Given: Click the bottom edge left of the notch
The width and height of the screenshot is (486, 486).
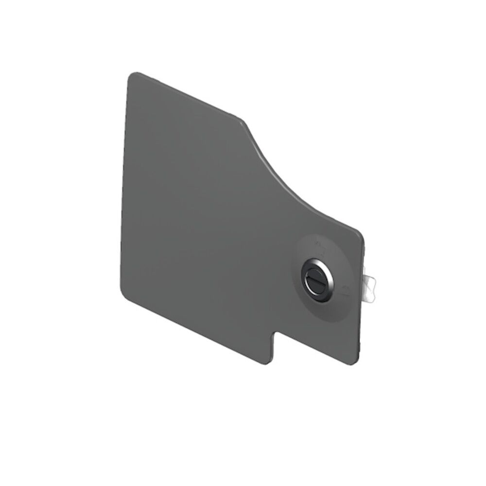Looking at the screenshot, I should coord(194,328).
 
